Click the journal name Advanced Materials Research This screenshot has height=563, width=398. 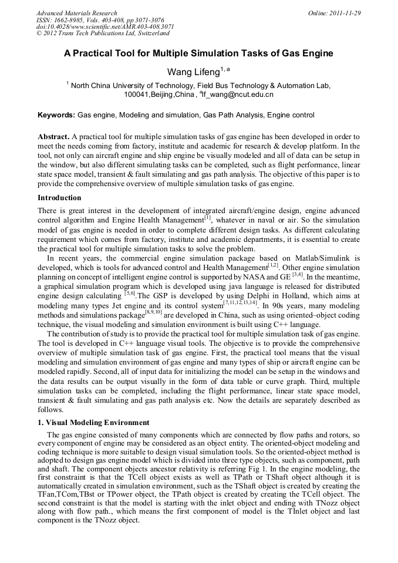[x=76, y=13]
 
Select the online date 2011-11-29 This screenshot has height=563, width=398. [x=345, y=13]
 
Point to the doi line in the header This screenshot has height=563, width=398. [x=104, y=27]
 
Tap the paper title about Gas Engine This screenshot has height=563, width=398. [x=198, y=53]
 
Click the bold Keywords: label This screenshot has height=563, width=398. [x=56, y=115]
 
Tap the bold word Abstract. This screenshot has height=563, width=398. [x=53, y=136]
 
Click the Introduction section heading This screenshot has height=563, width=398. [x=59, y=198]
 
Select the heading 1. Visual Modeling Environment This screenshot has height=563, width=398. [x=93, y=423]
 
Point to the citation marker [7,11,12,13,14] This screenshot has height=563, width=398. [x=240, y=302]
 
